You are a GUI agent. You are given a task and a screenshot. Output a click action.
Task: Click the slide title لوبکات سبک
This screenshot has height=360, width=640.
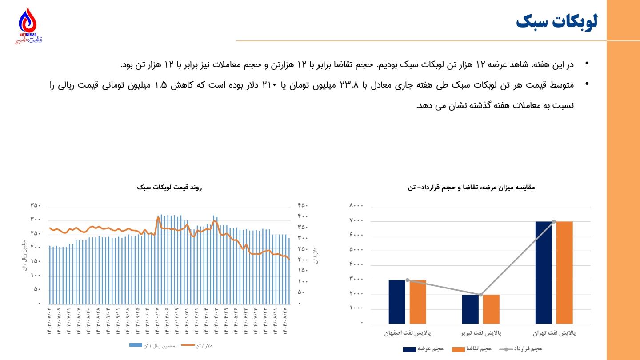pyautogui.click(x=557, y=21)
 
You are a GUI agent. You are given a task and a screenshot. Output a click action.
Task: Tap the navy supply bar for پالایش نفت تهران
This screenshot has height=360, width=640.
pyautogui.click(x=544, y=272)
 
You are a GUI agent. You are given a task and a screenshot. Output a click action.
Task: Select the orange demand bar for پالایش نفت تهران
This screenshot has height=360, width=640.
pyautogui.click(x=564, y=272)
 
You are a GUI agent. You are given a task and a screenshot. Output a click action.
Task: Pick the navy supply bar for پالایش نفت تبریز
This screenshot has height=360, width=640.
pyautogui.click(x=470, y=309)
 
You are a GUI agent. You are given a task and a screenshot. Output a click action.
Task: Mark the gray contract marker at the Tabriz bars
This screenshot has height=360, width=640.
pyautogui.click(x=480, y=295)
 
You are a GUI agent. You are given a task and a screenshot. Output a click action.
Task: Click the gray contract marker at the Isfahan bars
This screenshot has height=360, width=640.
pyautogui.click(x=408, y=280)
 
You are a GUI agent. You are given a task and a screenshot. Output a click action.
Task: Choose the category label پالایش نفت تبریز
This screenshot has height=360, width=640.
pyautogui.click(x=480, y=332)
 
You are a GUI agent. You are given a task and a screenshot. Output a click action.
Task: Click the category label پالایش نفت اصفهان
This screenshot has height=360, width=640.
pyautogui.click(x=408, y=332)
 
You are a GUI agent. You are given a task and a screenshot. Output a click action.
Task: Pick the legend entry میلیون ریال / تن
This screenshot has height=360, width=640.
pyautogui.click(x=152, y=345)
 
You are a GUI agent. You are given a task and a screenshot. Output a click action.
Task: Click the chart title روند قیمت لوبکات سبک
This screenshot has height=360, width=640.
pyautogui.click(x=170, y=188)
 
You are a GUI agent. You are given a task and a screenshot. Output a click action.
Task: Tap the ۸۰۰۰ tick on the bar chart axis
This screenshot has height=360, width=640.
pyautogui.click(x=356, y=206)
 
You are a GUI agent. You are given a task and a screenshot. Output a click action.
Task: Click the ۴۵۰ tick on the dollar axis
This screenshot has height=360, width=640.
pyautogui.click(x=303, y=206)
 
